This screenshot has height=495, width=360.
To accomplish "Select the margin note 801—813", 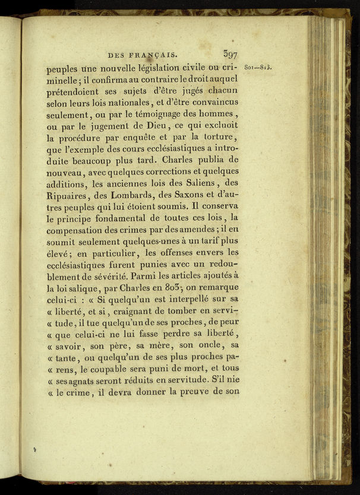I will pyautogui.click(x=258, y=67).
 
